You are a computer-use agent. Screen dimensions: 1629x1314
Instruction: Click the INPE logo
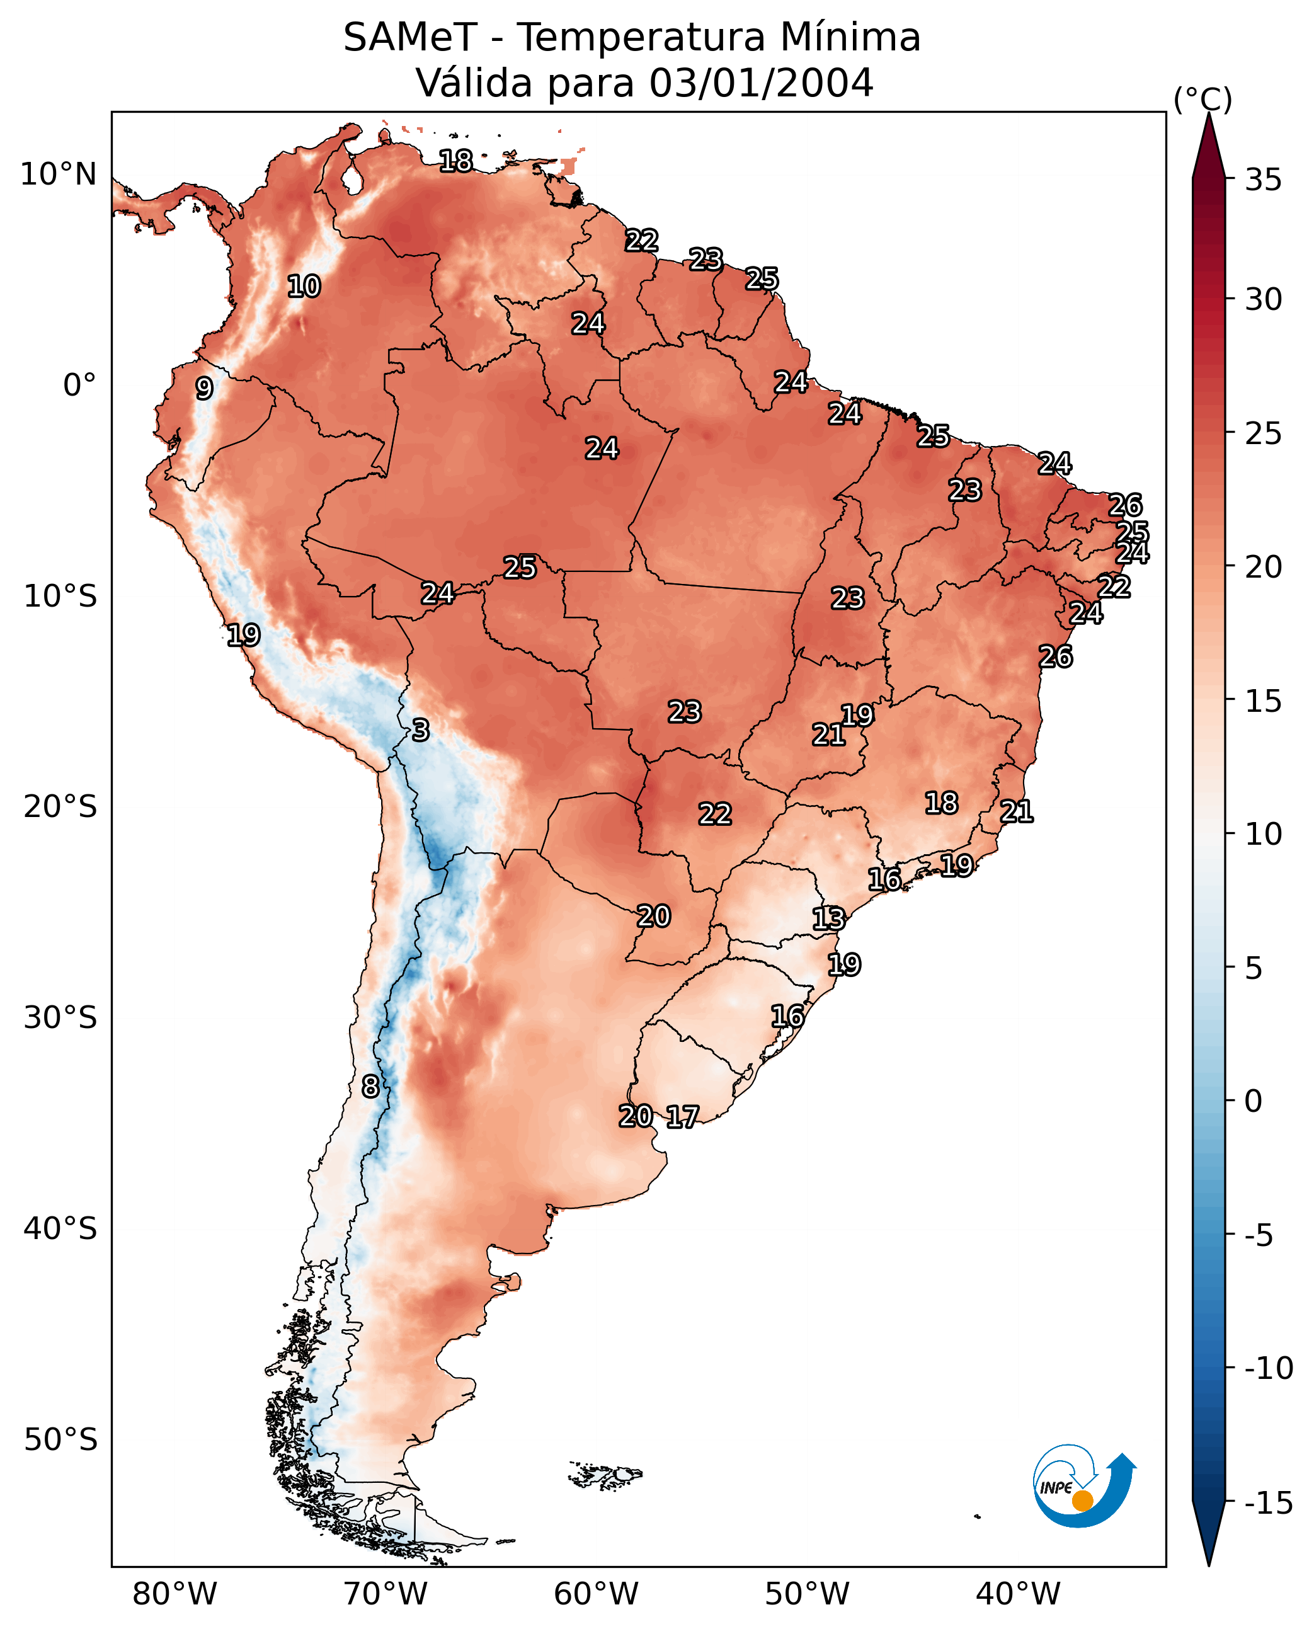coord(1083,1487)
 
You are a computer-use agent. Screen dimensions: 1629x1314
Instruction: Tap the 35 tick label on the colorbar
coord(1263,180)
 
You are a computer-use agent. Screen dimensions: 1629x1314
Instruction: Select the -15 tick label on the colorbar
coord(1268,1504)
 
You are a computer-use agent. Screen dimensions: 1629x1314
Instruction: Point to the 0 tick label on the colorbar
coord(1254,1101)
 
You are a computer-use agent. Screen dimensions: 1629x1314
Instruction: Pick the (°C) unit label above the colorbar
coord(1203,100)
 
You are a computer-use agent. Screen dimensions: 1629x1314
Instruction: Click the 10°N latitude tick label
coord(59,175)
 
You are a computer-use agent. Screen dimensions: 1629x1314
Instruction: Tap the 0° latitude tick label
coord(79,386)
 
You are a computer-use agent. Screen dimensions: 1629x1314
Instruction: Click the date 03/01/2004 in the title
coord(762,83)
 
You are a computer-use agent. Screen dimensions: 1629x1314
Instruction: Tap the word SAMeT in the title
coord(409,38)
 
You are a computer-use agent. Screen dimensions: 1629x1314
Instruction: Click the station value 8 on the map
coord(370,1087)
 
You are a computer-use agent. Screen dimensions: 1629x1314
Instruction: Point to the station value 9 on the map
coord(204,388)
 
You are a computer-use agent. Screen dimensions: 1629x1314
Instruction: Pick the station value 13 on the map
coord(828,919)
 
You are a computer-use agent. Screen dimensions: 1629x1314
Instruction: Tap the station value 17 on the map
coord(682,1117)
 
